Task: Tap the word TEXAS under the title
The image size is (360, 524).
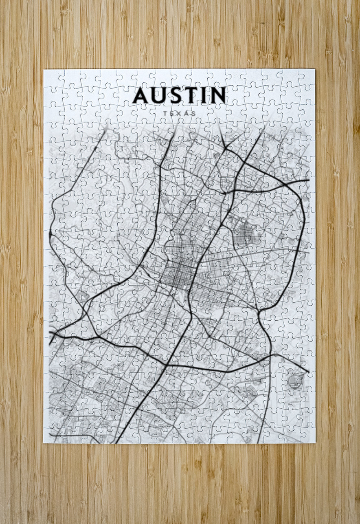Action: (179, 113)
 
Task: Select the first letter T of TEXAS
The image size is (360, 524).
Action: (165, 113)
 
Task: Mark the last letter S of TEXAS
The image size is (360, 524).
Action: (194, 113)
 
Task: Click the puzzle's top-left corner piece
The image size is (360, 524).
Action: (52, 77)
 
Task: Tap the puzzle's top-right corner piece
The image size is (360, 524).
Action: (307, 77)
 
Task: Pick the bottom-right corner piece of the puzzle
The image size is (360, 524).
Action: (307, 435)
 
